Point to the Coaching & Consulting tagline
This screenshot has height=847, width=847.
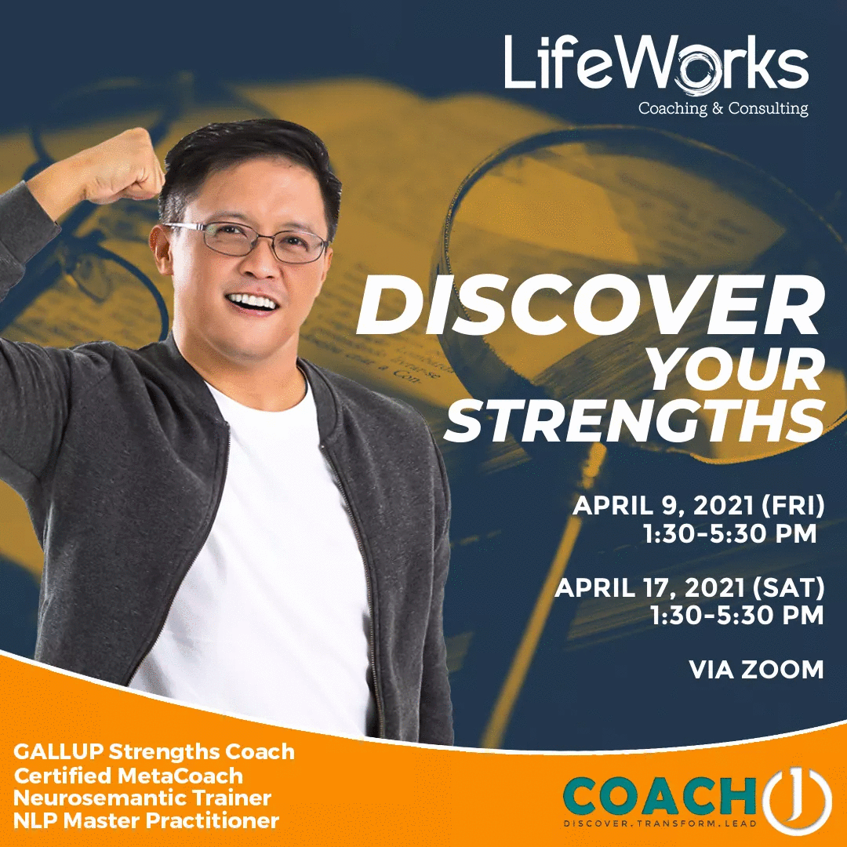pos(722,108)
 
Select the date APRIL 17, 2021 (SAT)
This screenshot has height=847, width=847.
pos(689,587)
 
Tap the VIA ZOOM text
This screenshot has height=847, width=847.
pos(756,669)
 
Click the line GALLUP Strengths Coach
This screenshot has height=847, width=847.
pos(154,751)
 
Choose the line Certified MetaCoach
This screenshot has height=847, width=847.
pos(129,775)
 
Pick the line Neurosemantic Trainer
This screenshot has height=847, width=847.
pos(143,798)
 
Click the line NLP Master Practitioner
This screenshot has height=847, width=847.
pos(147,821)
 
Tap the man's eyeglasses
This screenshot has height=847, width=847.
pos(248,241)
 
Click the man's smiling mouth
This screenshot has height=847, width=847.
pos(253,301)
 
